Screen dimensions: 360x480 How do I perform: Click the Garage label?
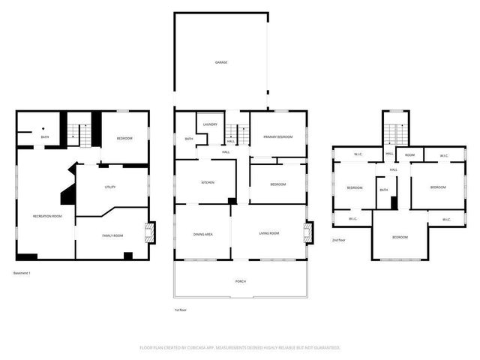click(221, 62)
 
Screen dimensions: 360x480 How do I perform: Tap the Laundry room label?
click(210, 124)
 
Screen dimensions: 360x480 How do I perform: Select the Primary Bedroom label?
click(277, 136)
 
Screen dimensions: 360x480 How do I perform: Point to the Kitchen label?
click(208, 183)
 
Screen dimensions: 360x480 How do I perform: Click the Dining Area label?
click(203, 235)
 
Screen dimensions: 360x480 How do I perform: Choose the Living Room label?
click(269, 235)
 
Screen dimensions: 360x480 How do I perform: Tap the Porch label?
click(241, 281)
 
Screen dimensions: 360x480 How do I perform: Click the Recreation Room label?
click(46, 216)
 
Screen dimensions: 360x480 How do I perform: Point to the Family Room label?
click(112, 236)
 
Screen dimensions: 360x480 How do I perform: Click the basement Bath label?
click(45, 136)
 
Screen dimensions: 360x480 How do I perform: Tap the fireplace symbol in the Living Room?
click(307, 232)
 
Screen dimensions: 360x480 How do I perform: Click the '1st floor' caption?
click(180, 309)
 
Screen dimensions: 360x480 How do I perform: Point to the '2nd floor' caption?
click(339, 240)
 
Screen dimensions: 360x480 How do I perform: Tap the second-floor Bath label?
click(383, 190)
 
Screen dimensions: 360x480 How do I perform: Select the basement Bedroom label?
click(124, 139)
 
